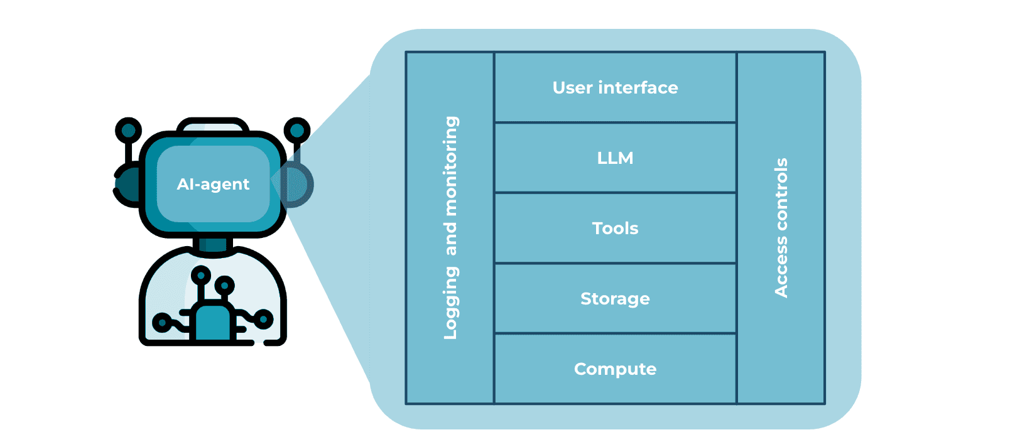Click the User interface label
pyautogui.click(x=615, y=87)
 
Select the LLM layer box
pyautogui.click(x=615, y=158)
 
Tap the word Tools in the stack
pyautogui.click(x=615, y=228)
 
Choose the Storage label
pyautogui.click(x=615, y=298)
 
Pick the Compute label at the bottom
pyautogui.click(x=615, y=369)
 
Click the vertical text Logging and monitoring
pyautogui.click(x=450, y=228)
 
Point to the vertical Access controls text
pyautogui.click(x=781, y=228)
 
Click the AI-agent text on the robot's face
pyautogui.click(x=213, y=184)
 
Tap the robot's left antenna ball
pyautogui.click(x=128, y=131)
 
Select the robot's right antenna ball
pyautogui.click(x=296, y=131)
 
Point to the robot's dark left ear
pyautogui.click(x=128, y=185)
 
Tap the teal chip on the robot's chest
pyautogui.click(x=213, y=321)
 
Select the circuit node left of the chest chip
pyautogui.click(x=161, y=323)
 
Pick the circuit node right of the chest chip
pyautogui.click(x=264, y=320)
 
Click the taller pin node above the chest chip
pyautogui.click(x=201, y=274)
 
